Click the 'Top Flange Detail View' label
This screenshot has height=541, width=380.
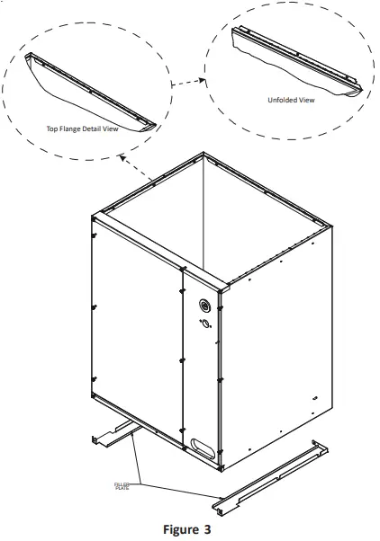point(82,129)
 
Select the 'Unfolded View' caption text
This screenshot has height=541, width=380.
point(291,100)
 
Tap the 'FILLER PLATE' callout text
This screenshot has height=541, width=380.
point(122,485)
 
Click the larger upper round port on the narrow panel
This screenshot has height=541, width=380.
point(203,304)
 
